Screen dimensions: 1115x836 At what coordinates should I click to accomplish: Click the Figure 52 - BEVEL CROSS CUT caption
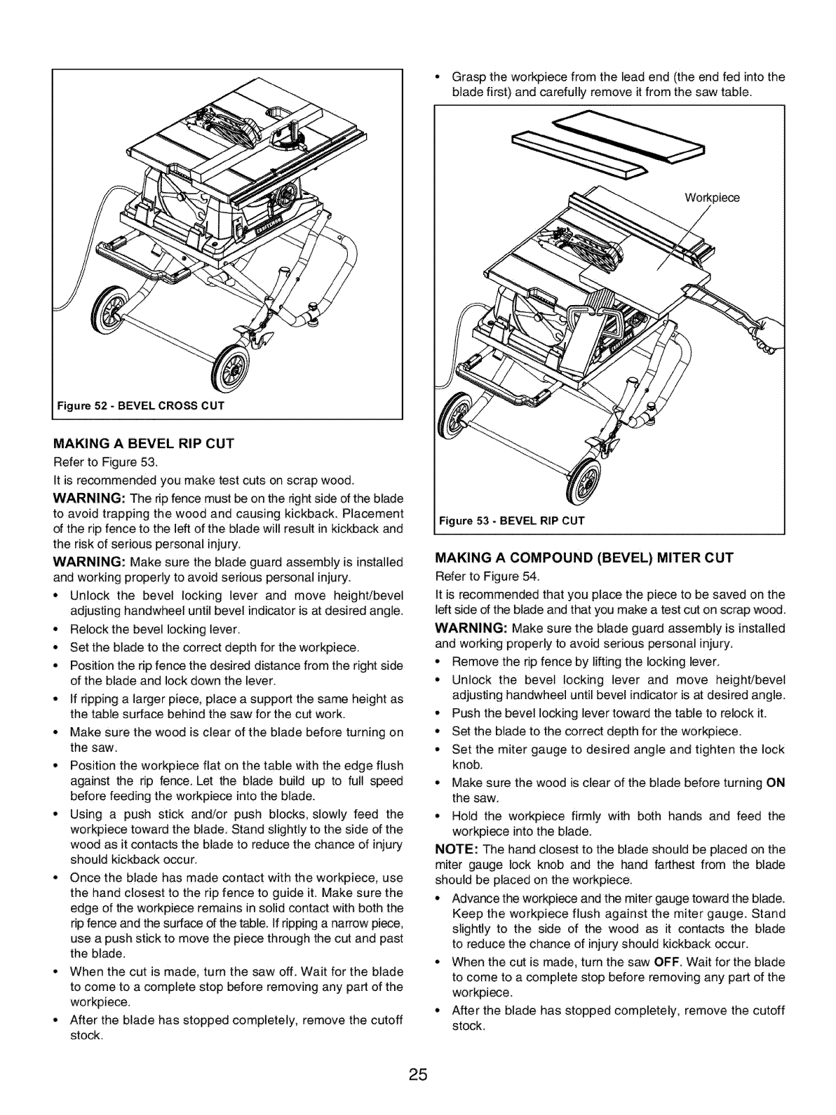coord(140,405)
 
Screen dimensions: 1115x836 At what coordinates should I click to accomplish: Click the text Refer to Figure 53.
coord(107,462)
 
